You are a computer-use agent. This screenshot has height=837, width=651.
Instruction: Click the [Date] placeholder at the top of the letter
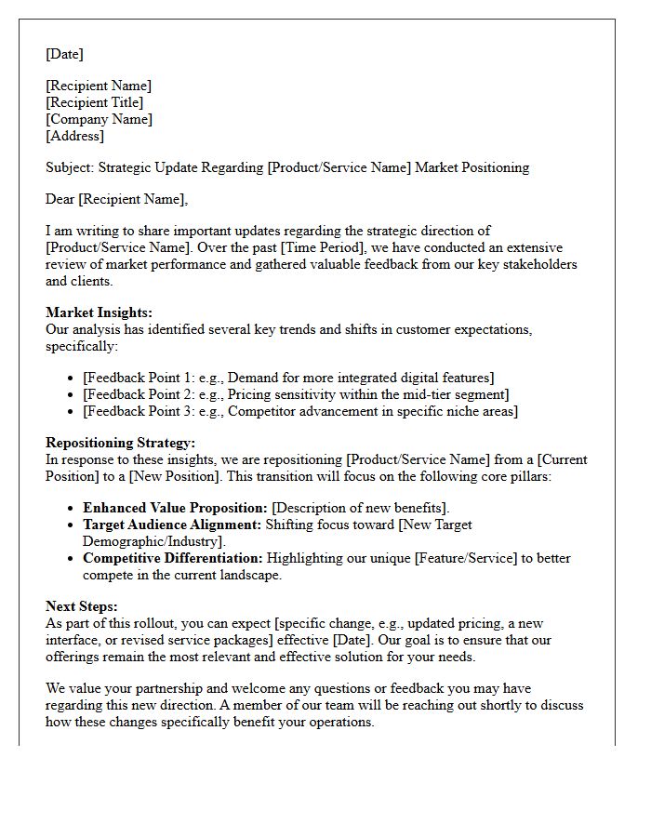click(64, 54)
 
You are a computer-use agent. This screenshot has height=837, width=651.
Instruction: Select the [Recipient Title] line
click(95, 102)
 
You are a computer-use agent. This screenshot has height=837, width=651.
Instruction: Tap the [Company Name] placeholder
click(99, 119)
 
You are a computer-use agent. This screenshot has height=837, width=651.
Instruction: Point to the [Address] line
click(75, 136)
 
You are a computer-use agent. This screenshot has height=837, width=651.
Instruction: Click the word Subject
click(69, 167)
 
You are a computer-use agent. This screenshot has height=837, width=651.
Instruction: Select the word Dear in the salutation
click(60, 198)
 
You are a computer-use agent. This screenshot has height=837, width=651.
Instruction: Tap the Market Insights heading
click(99, 312)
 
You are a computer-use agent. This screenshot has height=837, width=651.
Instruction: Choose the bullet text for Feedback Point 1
click(288, 377)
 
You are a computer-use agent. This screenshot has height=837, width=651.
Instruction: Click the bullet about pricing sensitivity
click(296, 393)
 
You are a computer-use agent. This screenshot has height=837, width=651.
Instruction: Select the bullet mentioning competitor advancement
click(300, 410)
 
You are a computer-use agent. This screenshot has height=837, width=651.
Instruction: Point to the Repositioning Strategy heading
click(120, 443)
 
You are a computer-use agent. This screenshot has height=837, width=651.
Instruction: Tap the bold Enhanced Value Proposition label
click(175, 508)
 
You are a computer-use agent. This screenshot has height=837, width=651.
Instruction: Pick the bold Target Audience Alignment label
click(172, 525)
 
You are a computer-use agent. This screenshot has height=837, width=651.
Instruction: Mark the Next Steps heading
click(82, 606)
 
